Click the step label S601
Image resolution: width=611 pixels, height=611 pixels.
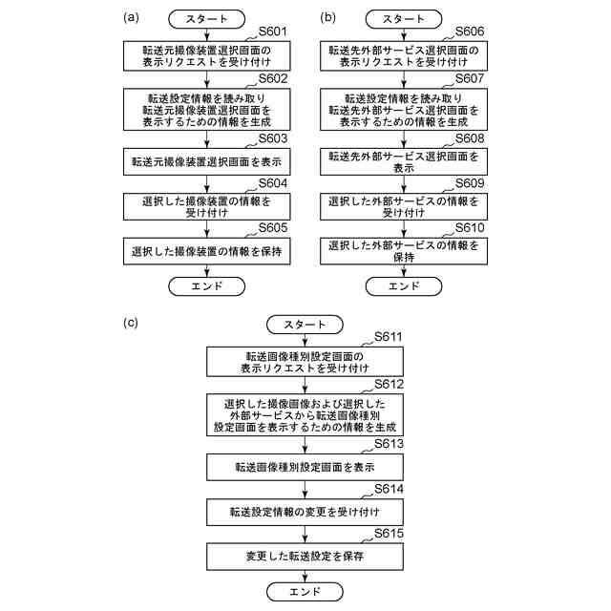(x=273, y=32)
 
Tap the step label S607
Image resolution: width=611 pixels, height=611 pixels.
(x=470, y=78)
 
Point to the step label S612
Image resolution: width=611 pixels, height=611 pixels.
(x=389, y=384)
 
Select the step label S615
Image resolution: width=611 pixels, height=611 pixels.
(x=389, y=534)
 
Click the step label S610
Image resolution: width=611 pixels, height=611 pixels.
(x=470, y=227)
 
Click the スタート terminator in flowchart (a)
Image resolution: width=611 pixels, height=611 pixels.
(x=207, y=19)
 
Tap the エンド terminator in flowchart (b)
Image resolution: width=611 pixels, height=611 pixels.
(x=404, y=286)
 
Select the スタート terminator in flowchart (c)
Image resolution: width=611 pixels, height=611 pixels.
(x=305, y=325)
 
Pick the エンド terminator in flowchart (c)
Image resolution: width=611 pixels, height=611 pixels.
(x=305, y=592)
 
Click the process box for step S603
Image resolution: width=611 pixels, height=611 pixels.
(x=207, y=161)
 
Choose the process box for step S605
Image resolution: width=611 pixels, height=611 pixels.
(x=207, y=251)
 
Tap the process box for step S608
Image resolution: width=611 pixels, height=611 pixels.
(x=404, y=161)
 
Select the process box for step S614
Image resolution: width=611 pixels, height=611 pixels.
(x=305, y=512)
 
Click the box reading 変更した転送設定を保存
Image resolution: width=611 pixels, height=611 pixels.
(x=305, y=557)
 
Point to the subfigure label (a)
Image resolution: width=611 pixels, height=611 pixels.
(x=131, y=17)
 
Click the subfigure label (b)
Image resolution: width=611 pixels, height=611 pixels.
(x=327, y=17)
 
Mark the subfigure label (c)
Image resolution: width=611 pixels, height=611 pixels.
(x=131, y=323)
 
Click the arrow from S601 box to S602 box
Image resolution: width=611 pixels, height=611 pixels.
(x=207, y=79)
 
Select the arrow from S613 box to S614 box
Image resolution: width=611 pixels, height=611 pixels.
(x=305, y=490)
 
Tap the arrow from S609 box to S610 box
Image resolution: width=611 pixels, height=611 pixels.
(x=404, y=229)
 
